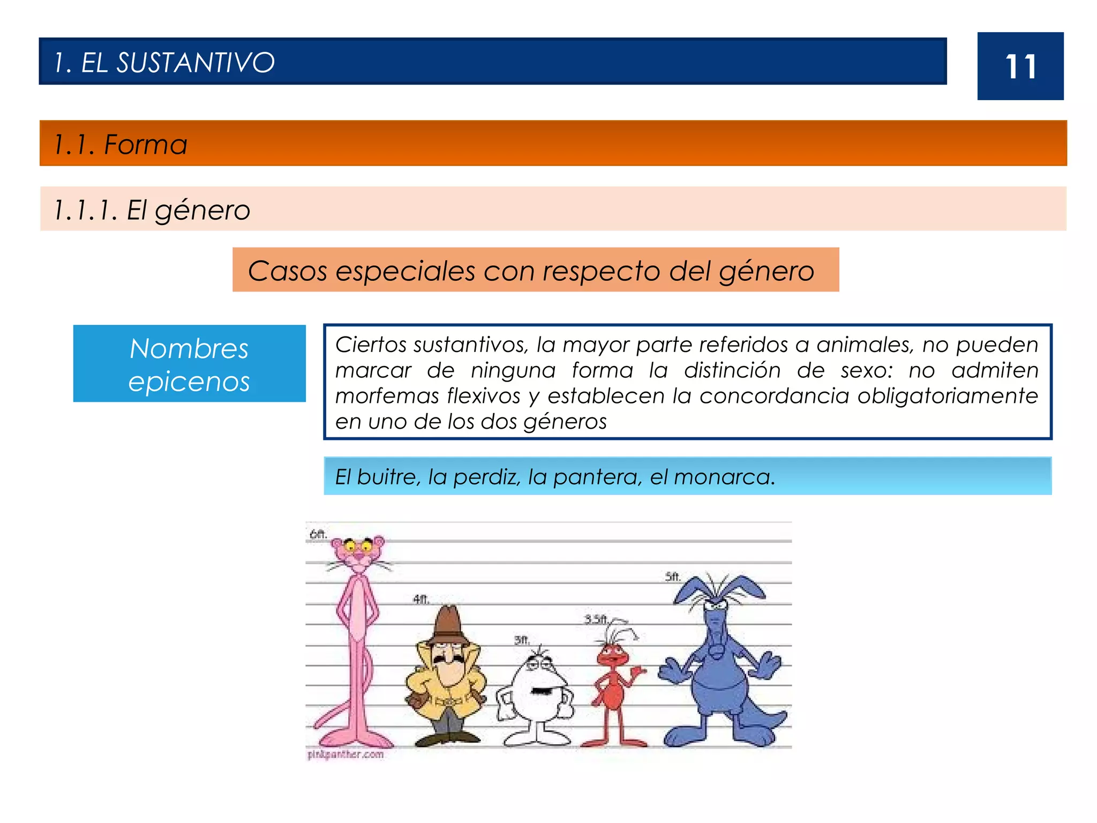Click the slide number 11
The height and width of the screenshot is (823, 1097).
1020,67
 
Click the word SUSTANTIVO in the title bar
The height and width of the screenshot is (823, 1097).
196,63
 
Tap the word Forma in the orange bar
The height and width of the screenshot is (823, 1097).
145,145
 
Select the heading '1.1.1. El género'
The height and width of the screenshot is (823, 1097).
152,210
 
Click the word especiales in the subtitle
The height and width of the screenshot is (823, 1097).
405,271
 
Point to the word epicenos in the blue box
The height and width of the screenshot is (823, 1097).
189,382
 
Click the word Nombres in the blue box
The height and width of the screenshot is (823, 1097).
189,349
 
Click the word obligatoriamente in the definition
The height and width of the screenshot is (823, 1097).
948,396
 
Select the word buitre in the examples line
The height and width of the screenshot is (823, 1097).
389,477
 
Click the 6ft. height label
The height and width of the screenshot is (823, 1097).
318,534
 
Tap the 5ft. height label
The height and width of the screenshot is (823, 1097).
673,577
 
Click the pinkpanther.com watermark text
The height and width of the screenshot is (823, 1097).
346,754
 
